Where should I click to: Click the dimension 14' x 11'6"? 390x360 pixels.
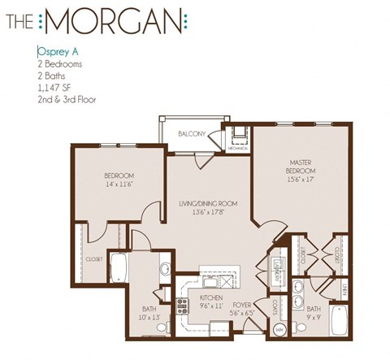coord(119,184)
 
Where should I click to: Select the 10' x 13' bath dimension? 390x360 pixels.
coord(149,316)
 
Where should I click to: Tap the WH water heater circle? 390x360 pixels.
coord(280,328)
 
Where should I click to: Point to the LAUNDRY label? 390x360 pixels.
coord(277,276)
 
